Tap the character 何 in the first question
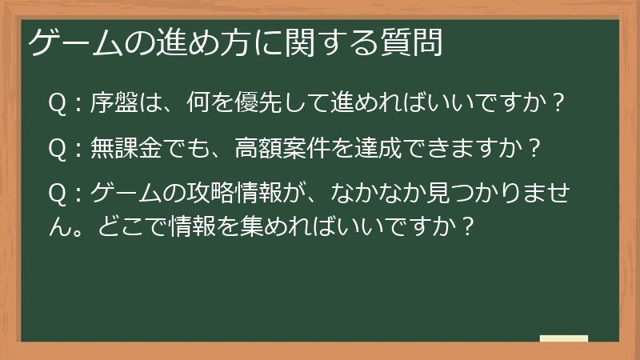click(198, 103)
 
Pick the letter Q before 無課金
click(57, 149)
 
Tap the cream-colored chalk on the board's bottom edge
click(564, 339)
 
